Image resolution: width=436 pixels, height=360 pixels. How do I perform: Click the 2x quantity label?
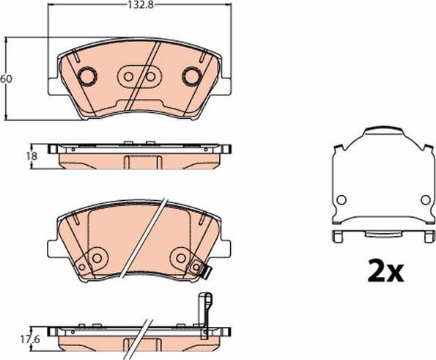tap(384, 272)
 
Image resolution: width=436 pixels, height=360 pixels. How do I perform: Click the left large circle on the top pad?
tap(86, 76)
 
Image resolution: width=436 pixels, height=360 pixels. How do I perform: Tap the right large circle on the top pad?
tap(192, 76)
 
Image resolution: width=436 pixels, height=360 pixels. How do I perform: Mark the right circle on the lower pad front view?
tap(181, 256)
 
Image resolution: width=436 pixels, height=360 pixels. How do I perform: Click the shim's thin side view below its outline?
tap(380, 236)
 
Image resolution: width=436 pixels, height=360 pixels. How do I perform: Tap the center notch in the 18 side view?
tap(137, 162)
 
